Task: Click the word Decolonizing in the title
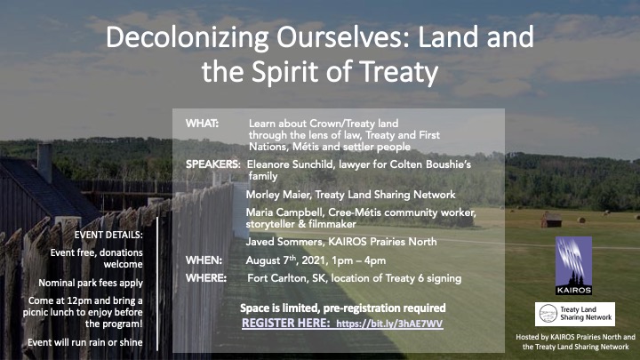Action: point(187,37)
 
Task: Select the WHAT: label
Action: point(202,124)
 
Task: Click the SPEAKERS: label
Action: point(213,164)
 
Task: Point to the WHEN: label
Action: point(204,260)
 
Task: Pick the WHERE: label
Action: point(206,278)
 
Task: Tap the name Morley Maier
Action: point(278,195)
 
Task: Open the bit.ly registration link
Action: point(390,324)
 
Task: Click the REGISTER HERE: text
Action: point(285,323)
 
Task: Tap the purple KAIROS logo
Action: point(573,266)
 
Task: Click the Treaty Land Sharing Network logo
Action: point(575,314)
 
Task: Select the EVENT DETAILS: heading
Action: point(108,235)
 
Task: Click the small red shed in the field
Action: point(551,220)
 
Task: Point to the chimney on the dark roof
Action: point(44,163)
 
